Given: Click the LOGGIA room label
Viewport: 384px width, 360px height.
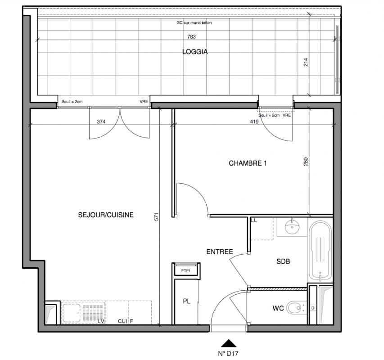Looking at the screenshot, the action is click(x=195, y=52).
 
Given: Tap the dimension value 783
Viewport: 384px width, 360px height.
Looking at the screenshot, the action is click(x=191, y=37).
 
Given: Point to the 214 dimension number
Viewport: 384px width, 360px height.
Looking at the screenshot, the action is click(x=306, y=62).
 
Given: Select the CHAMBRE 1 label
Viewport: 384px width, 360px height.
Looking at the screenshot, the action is click(x=248, y=163).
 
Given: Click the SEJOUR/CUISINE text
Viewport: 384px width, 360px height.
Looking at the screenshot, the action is click(x=106, y=215).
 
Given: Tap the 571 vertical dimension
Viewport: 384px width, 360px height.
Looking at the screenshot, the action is click(x=157, y=217).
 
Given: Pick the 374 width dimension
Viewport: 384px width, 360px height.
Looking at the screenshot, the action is click(x=101, y=121).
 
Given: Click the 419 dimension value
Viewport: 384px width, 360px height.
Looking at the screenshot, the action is click(x=254, y=121).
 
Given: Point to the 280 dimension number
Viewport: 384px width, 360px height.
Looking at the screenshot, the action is click(x=306, y=162).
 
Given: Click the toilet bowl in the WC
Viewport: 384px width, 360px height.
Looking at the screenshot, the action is click(x=296, y=308).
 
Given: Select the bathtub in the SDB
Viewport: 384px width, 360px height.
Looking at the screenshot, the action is click(x=320, y=250).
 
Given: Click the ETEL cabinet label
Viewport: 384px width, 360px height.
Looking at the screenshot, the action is click(x=186, y=271).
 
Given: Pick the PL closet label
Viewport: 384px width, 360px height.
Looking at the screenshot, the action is click(x=187, y=301).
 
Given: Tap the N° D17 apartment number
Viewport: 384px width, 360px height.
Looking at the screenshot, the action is click(x=228, y=354).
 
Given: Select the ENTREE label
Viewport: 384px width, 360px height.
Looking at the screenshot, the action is click(x=220, y=252).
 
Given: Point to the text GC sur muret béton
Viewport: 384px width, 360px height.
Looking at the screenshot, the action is click(x=194, y=23).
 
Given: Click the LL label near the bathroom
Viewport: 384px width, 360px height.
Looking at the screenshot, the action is click(x=254, y=220).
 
